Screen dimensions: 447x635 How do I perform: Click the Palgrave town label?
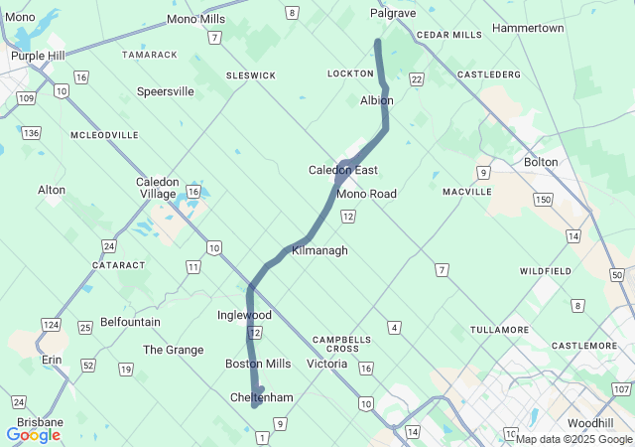coord(393,13)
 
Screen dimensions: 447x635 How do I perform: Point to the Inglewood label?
coord(244,315)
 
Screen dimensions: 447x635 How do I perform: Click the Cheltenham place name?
coord(262,397)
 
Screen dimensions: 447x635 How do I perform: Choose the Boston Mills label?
coord(258,364)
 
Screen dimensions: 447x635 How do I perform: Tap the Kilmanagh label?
coord(319,251)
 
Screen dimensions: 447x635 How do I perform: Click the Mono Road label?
coord(366,194)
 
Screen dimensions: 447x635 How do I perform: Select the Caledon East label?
coord(343,170)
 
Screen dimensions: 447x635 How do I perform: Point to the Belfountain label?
coord(130,323)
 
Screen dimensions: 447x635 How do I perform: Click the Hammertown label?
coord(528,28)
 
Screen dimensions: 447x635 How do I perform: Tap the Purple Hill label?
coord(38,56)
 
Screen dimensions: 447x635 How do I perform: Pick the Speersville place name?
coord(166,91)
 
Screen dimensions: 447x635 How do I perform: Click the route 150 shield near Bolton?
coord(542,200)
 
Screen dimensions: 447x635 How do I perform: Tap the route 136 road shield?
coord(32,133)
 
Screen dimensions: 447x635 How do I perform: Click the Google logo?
coord(33,435)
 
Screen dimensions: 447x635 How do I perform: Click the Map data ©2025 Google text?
coord(572,439)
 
